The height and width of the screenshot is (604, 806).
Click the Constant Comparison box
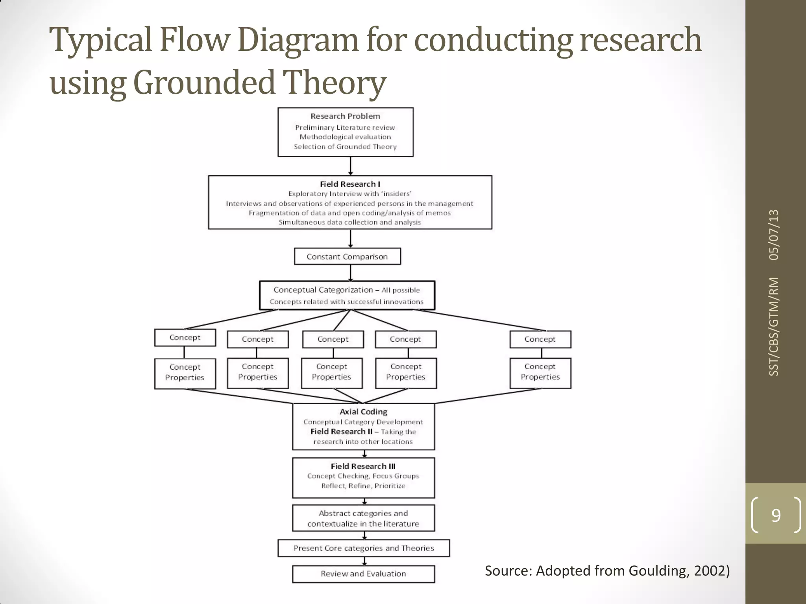click(x=347, y=256)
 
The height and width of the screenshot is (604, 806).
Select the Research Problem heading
click(x=345, y=116)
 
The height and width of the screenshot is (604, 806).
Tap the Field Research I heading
click(x=350, y=184)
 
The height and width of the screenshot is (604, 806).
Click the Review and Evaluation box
click(x=363, y=574)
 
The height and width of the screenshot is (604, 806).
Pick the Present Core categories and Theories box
click(x=363, y=548)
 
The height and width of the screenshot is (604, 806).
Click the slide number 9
click(x=776, y=515)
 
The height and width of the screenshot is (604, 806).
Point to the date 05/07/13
click(x=774, y=235)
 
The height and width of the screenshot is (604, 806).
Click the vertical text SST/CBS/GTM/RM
click(x=774, y=326)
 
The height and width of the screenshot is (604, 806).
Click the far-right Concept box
click(x=540, y=339)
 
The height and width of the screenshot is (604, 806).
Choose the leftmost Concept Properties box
click(x=185, y=372)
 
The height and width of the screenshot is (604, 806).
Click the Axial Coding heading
click(x=363, y=412)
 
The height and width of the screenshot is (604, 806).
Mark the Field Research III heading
click(x=363, y=466)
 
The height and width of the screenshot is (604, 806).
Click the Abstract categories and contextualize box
click(x=363, y=518)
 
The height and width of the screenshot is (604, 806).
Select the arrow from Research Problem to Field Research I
click(x=350, y=166)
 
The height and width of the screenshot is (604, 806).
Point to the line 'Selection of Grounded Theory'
click(x=345, y=147)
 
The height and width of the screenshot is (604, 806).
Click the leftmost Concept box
click(x=185, y=338)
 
